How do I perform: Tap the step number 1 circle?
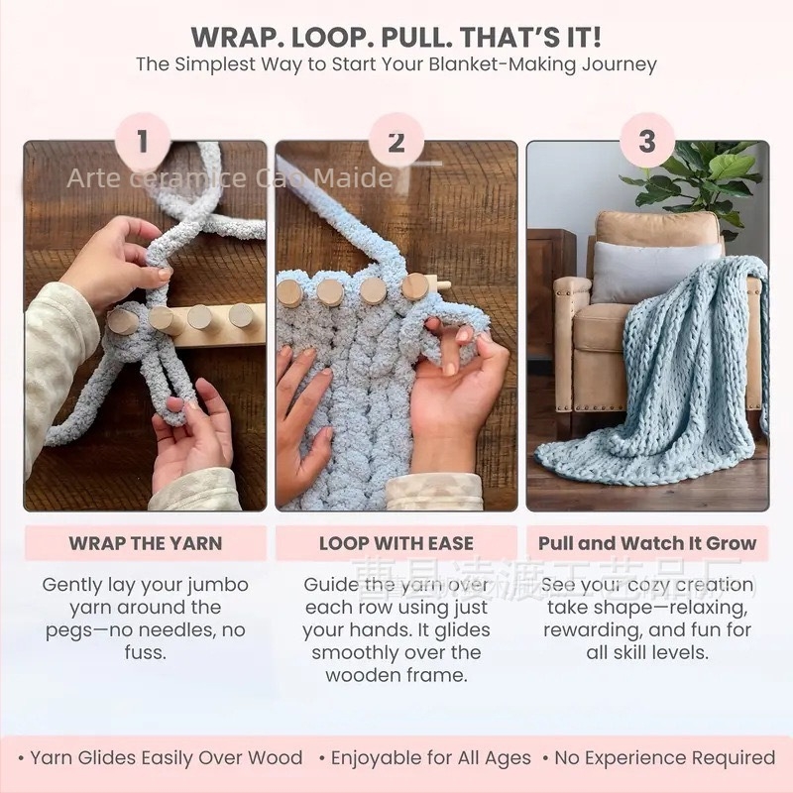(x=142, y=141)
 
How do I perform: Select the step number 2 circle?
(x=396, y=142)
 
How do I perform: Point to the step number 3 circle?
(x=647, y=141)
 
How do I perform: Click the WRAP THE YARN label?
(x=145, y=543)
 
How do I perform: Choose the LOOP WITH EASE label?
(x=396, y=543)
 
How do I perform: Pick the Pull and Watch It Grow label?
(x=647, y=543)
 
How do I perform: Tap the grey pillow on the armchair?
(x=654, y=270)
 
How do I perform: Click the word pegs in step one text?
(x=69, y=630)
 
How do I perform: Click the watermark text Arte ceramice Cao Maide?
(x=228, y=179)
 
